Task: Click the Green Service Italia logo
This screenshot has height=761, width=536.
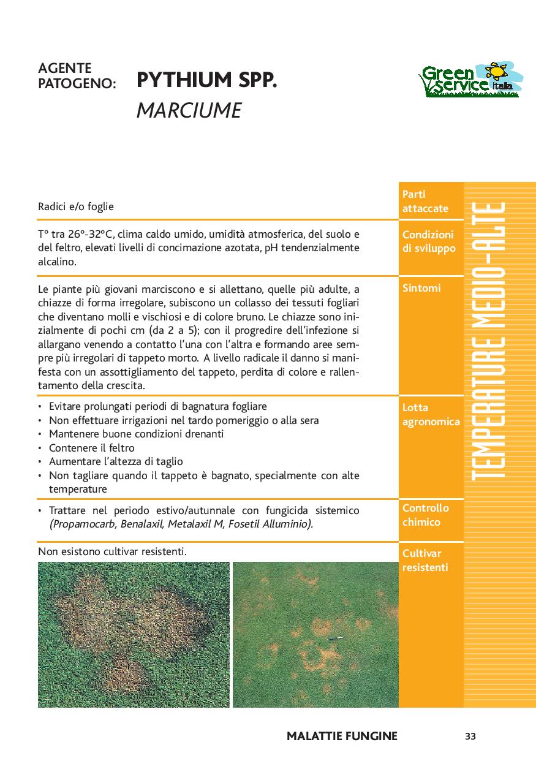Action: [470, 80]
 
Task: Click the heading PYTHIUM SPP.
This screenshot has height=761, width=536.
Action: [206, 80]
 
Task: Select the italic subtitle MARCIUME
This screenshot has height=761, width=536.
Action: [189, 110]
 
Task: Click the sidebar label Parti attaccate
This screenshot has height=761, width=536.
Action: [425, 202]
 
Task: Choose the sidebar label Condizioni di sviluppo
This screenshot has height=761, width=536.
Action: [428, 241]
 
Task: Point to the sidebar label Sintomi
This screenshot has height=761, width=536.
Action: [421, 288]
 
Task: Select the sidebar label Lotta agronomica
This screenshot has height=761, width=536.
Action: [431, 415]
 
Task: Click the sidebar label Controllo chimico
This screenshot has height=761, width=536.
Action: [426, 515]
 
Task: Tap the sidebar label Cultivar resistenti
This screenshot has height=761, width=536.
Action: [425, 560]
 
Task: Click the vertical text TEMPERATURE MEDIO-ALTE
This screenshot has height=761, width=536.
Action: [489, 340]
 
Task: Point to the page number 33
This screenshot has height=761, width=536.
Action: [470, 736]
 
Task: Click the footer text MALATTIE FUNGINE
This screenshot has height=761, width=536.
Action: [342, 736]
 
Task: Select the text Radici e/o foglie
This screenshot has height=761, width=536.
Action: [76, 207]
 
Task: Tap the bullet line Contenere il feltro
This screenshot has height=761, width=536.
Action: [92, 448]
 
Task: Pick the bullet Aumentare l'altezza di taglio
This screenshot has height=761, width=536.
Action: [116, 461]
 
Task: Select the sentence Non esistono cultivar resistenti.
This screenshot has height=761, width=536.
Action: [112, 551]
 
